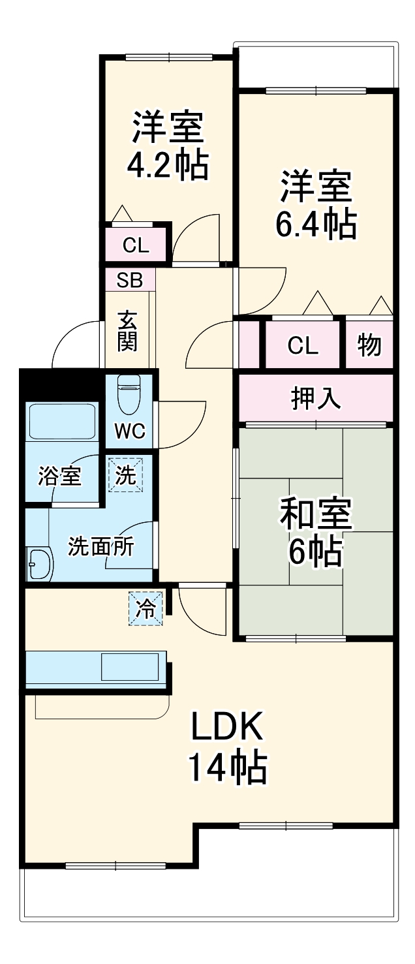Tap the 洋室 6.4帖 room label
pyautogui.click(x=317, y=204)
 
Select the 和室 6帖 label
pyautogui.click(x=316, y=531)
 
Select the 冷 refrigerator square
pyautogui.click(x=146, y=609)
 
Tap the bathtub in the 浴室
pyautogui.click(x=61, y=421)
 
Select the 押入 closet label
pyautogui.click(x=316, y=398)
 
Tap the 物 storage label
pyautogui.click(x=369, y=344)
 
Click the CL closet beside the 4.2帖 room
pyautogui.click(x=136, y=245)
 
